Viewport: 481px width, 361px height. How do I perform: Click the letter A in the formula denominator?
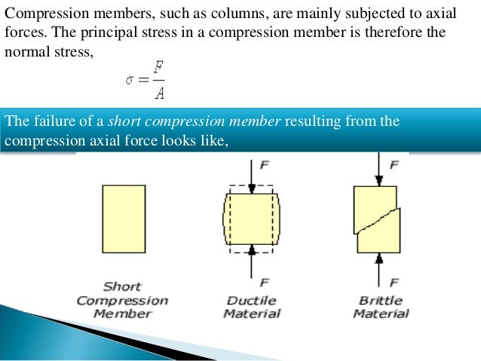pyautogui.click(x=155, y=92)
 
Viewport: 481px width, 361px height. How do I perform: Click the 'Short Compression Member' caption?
pyautogui.click(x=122, y=300)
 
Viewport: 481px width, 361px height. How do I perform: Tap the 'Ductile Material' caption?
pyautogui.click(x=253, y=307)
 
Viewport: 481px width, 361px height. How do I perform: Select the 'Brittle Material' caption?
pyautogui.click(x=380, y=307)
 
